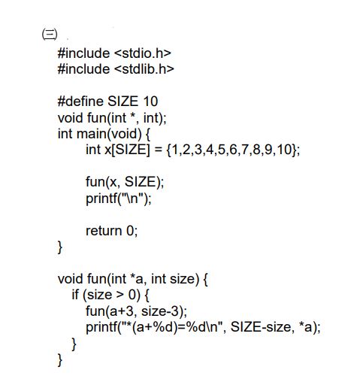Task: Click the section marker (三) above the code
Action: (x=50, y=34)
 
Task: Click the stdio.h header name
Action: (x=143, y=53)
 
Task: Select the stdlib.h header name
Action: (x=144, y=69)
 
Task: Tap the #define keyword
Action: (x=80, y=102)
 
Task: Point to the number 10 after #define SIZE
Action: (x=150, y=102)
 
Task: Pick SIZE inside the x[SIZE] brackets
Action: (x=131, y=150)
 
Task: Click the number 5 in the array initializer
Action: (x=222, y=150)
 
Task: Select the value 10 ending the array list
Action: (x=284, y=150)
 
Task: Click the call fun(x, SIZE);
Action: (x=125, y=182)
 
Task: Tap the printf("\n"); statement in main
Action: (x=119, y=199)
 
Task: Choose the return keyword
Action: (x=104, y=231)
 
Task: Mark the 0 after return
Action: (x=130, y=231)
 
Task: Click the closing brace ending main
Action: (x=60, y=247)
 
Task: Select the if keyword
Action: (x=75, y=295)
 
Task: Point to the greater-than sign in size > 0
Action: (x=120, y=295)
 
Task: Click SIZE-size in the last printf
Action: (x=261, y=327)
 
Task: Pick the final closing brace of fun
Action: (x=60, y=360)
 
